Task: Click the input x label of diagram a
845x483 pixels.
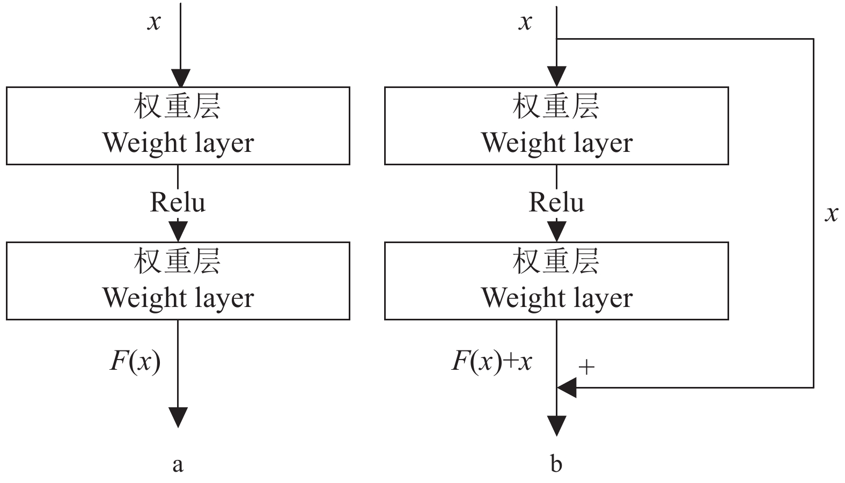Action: (x=154, y=23)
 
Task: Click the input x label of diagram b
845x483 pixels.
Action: (x=526, y=23)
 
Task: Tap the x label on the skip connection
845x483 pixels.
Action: (x=831, y=214)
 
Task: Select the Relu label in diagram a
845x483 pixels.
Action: (x=178, y=202)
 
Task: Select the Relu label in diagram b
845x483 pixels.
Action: (x=556, y=202)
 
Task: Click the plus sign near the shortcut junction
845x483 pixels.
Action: (x=587, y=368)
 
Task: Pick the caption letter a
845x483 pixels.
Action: (x=178, y=464)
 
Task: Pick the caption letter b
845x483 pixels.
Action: (x=556, y=464)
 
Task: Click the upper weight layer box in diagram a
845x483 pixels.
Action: (x=178, y=126)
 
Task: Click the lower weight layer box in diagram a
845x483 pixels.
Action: (x=178, y=281)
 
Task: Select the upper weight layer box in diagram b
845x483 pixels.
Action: (x=556, y=126)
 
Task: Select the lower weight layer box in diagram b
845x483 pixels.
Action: (x=556, y=281)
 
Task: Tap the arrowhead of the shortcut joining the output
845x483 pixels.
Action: (x=567, y=387)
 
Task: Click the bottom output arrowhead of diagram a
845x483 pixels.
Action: (x=178, y=417)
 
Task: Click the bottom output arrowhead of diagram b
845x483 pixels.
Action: (x=556, y=426)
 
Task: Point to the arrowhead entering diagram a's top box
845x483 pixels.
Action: (x=181, y=78)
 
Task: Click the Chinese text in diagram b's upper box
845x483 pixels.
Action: (x=556, y=106)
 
